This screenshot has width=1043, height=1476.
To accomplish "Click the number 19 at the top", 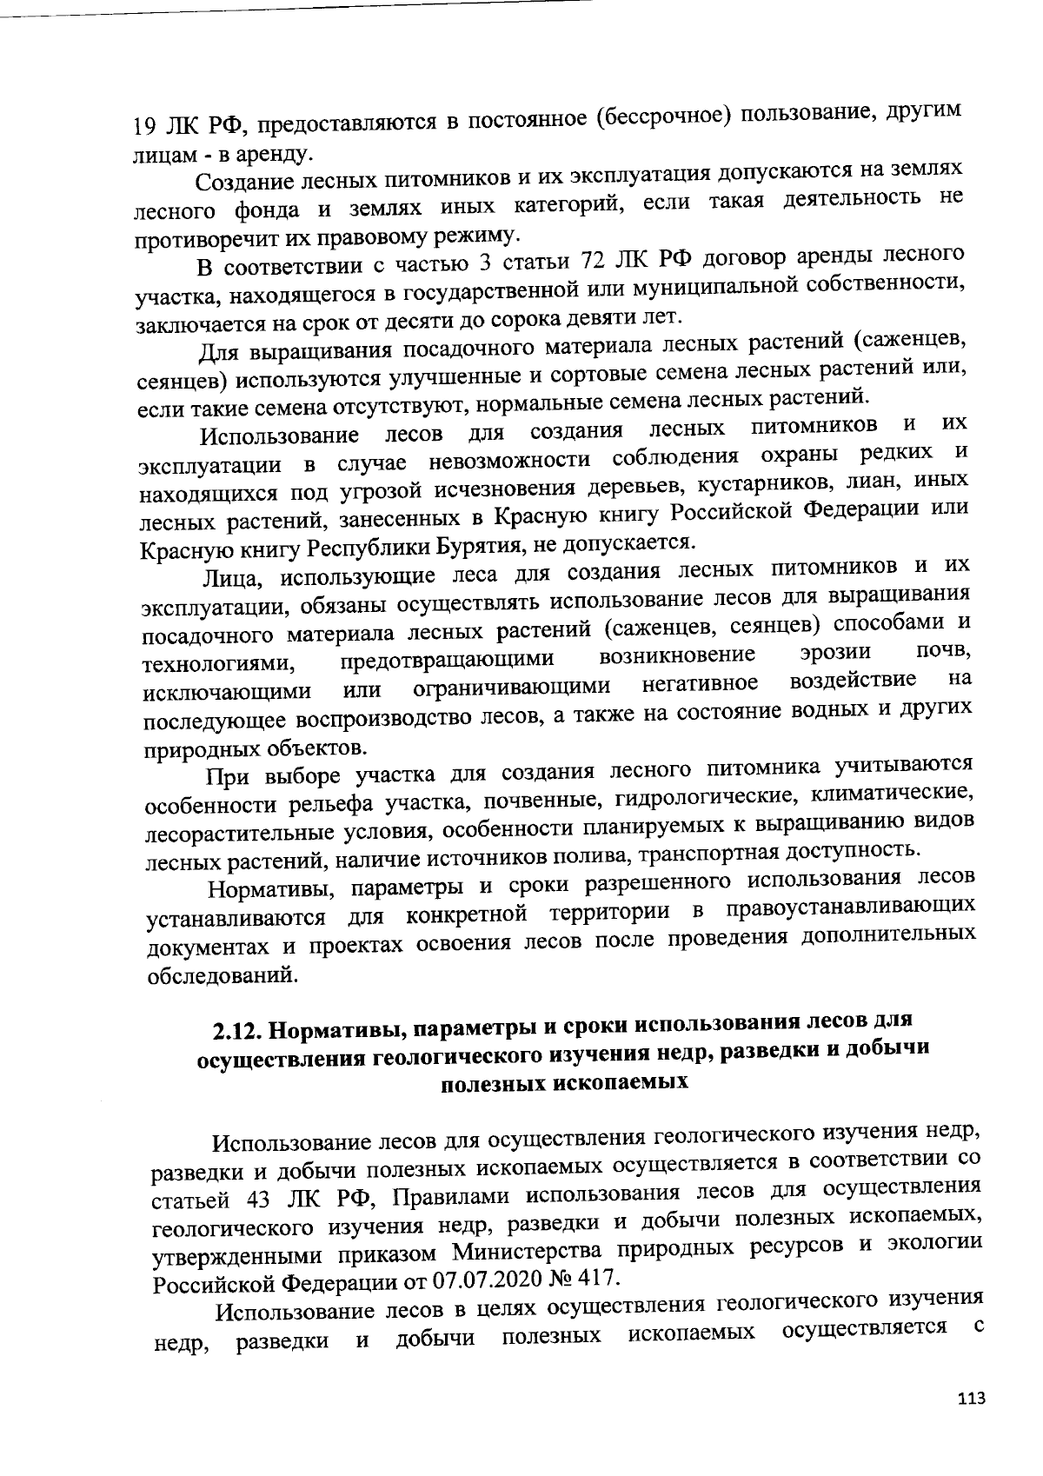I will click(143, 127).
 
